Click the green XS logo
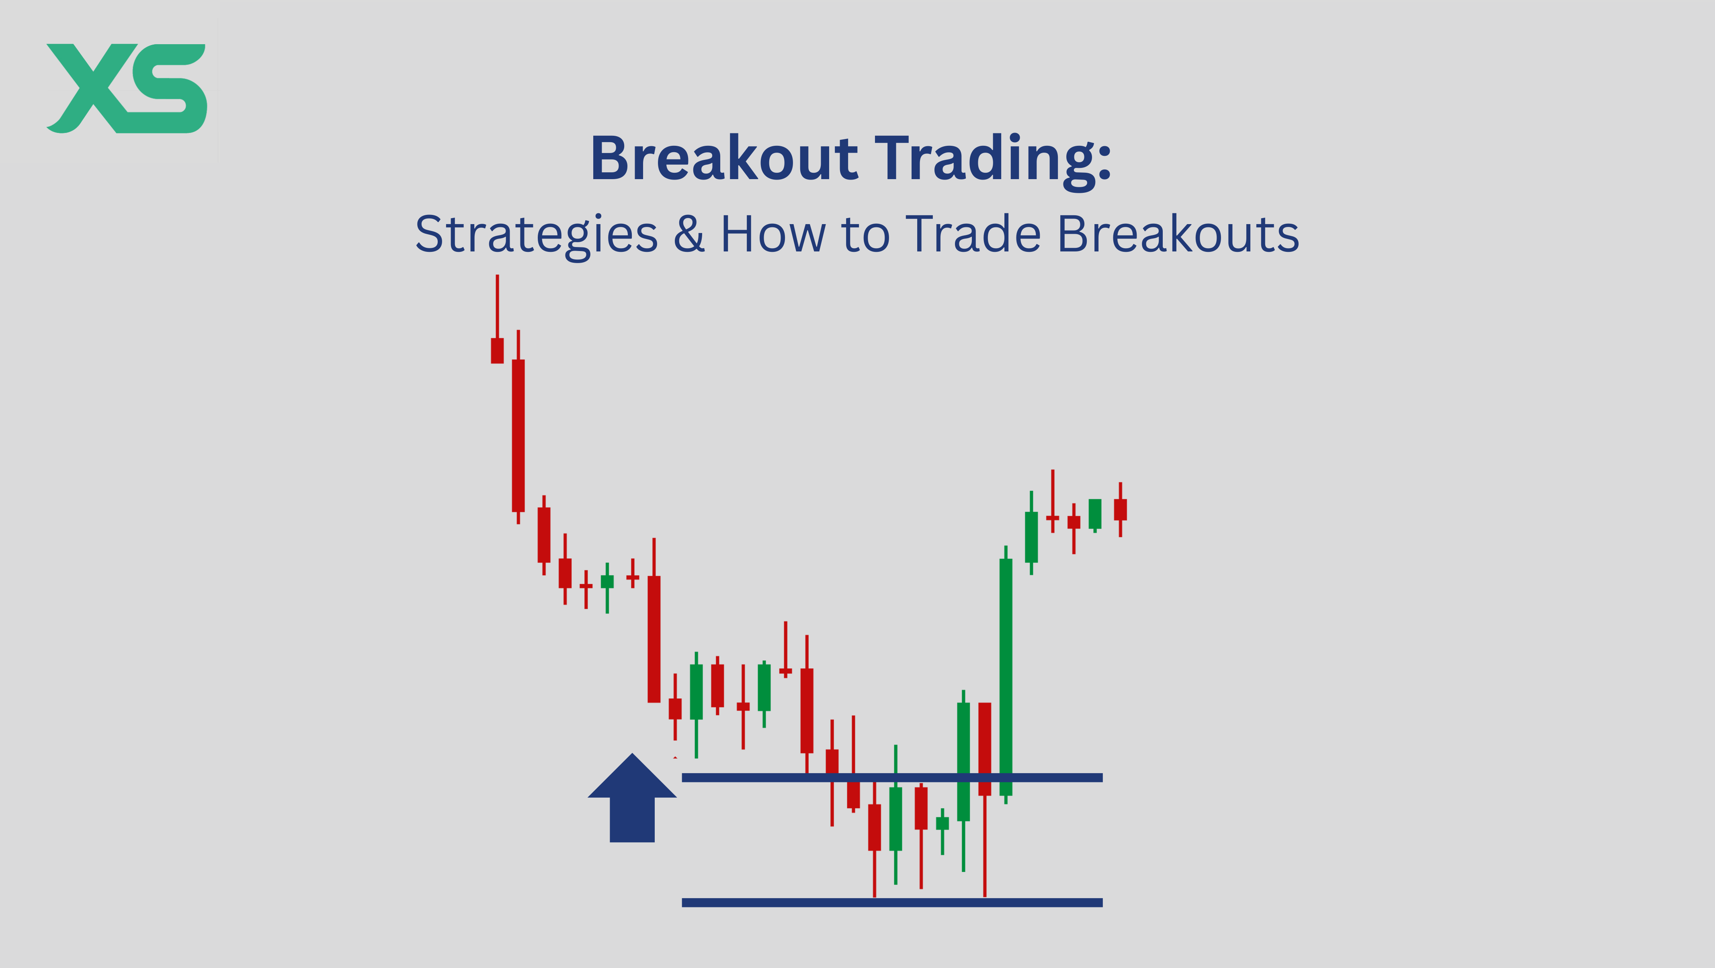[127, 88]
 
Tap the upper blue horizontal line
[892, 777]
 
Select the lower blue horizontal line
[892, 902]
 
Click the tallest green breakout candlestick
[1006, 675]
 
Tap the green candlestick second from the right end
[1095, 514]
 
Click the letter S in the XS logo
[170, 88]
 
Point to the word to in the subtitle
[865, 236]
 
